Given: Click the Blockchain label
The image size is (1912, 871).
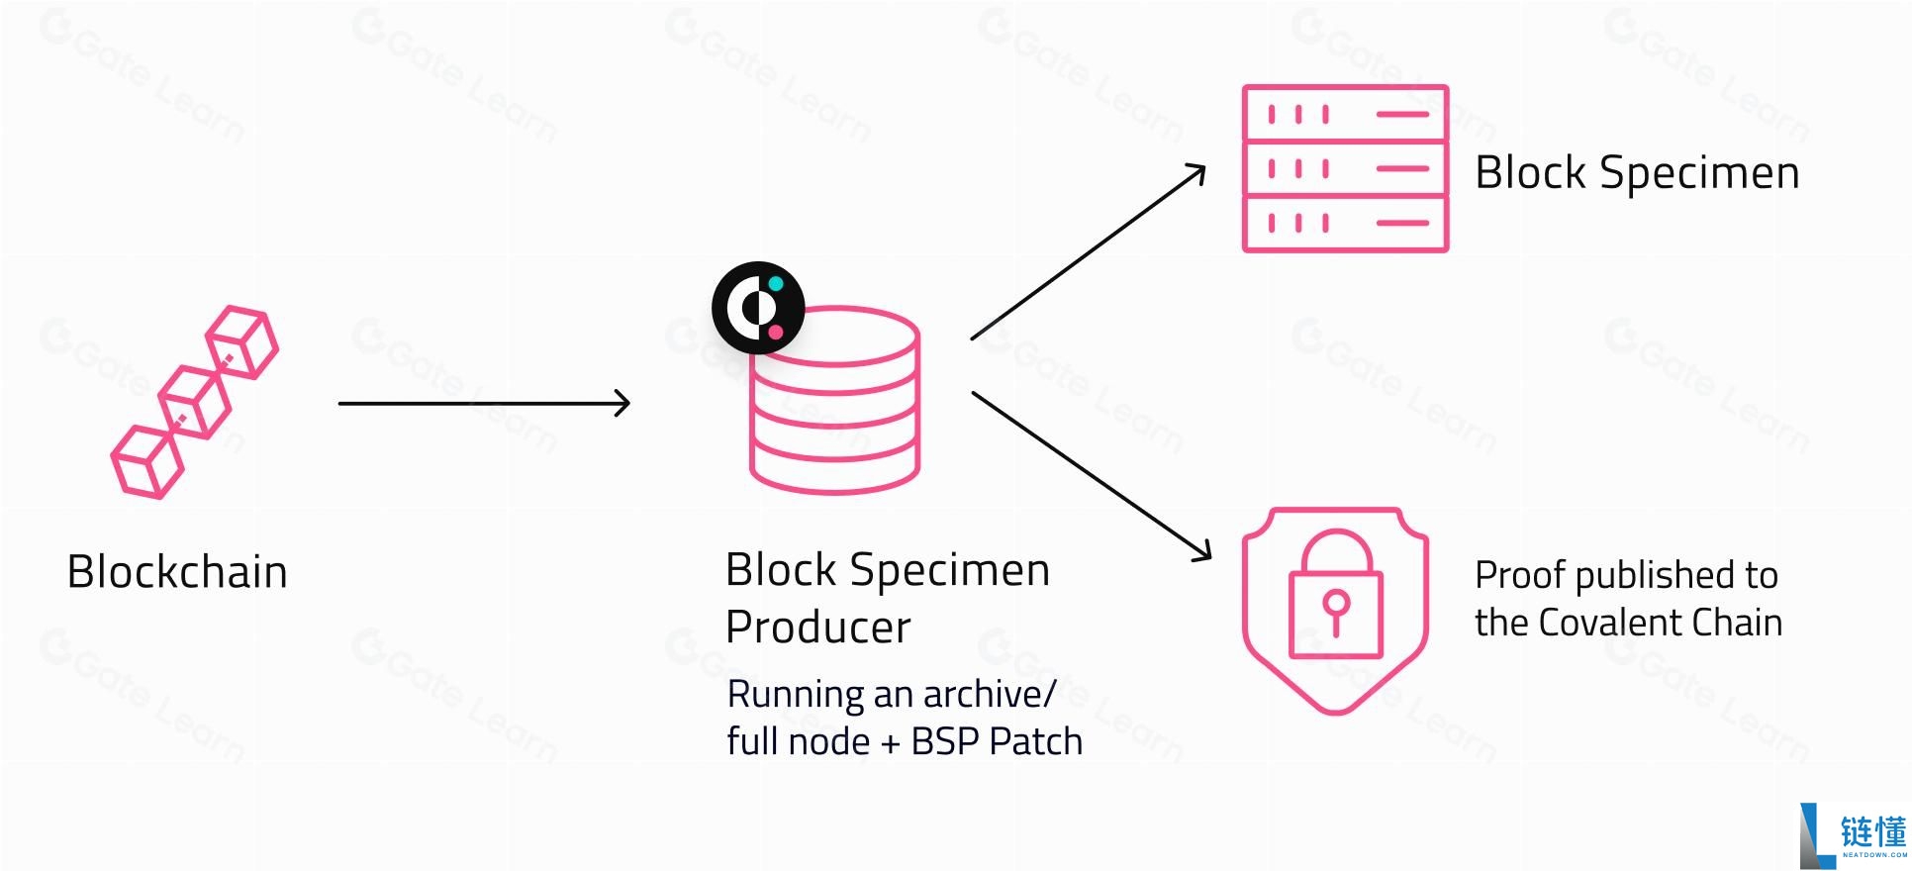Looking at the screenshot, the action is click(177, 572).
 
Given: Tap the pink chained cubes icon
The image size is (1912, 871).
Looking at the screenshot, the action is click(195, 402).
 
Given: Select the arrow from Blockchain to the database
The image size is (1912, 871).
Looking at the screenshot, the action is click(484, 403).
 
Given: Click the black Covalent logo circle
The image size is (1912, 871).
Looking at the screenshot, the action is click(758, 308).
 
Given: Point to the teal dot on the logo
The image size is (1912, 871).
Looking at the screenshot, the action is click(776, 284).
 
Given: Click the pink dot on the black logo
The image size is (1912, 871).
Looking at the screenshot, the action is click(776, 332).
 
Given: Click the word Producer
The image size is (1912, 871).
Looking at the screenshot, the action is click(818, 628).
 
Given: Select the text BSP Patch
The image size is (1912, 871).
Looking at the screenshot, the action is click(997, 741).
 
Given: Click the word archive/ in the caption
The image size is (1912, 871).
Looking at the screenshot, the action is click(990, 695).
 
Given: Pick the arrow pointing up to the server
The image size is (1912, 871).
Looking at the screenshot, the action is click(1089, 252).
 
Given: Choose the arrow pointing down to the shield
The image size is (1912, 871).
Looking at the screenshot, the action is click(1092, 476).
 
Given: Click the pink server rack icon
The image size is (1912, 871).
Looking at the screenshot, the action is click(1345, 168).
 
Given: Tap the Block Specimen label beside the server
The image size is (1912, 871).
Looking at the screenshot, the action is click(1637, 173).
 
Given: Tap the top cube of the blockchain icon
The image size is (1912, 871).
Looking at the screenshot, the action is click(242, 341).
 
